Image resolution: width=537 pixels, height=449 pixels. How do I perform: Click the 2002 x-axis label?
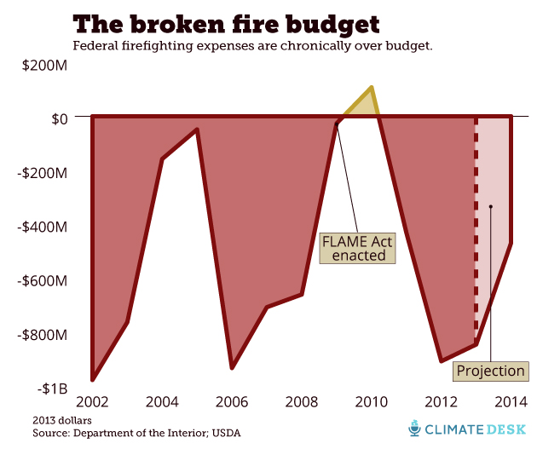[x=92, y=401]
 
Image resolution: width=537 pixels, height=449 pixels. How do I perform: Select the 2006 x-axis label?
[x=232, y=401]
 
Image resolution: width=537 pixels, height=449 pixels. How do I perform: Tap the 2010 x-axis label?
[x=371, y=401]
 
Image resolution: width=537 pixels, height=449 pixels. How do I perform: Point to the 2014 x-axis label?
[x=510, y=401]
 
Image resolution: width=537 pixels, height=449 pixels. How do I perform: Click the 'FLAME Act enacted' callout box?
[x=357, y=248]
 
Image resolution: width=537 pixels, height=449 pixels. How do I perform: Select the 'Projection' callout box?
[x=490, y=371]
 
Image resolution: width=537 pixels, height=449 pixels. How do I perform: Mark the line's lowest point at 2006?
[x=232, y=367]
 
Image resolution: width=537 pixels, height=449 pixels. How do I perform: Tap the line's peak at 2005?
[x=197, y=130]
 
